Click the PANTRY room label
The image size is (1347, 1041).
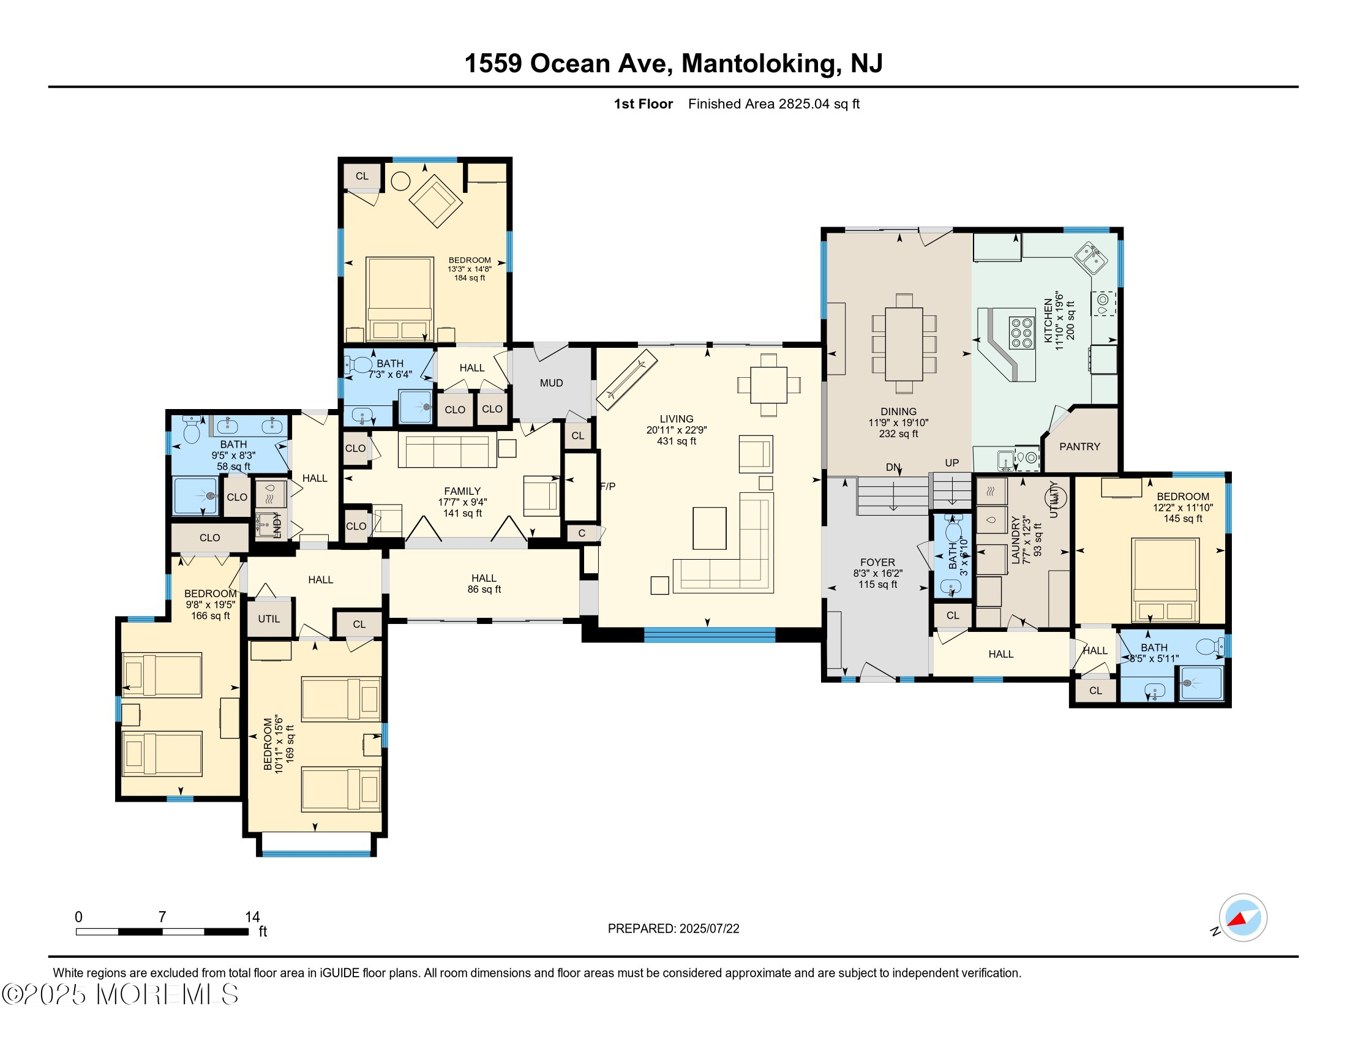[1079, 446]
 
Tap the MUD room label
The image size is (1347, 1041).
[552, 383]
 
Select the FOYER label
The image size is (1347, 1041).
[877, 562]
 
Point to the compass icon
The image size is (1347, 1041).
[1243, 918]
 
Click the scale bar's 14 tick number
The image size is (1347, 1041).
[252, 917]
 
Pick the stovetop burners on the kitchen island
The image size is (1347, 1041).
[1021, 333]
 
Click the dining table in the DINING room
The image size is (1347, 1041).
[904, 344]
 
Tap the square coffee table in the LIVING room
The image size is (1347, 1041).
[709, 528]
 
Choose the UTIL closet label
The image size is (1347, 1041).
[269, 618]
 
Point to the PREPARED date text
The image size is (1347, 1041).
[673, 929]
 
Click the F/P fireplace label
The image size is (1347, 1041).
[607, 487]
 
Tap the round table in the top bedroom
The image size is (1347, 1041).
[401, 181]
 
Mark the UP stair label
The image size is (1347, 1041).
[951, 463]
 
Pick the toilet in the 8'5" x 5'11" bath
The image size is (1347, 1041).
[1209, 646]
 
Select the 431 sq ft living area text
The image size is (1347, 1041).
[677, 442]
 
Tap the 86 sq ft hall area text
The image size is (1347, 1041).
[484, 590]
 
